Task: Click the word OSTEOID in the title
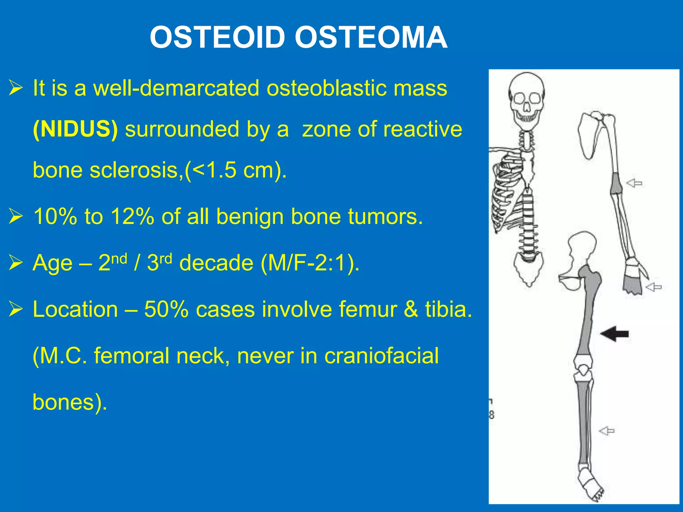[217, 37]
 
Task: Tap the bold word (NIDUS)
[75, 129]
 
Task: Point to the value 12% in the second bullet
[132, 216]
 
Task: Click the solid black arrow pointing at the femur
[614, 334]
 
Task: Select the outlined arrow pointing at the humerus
[634, 183]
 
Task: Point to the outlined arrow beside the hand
[654, 287]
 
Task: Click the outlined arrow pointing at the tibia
[607, 431]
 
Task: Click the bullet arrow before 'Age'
[16, 263]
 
